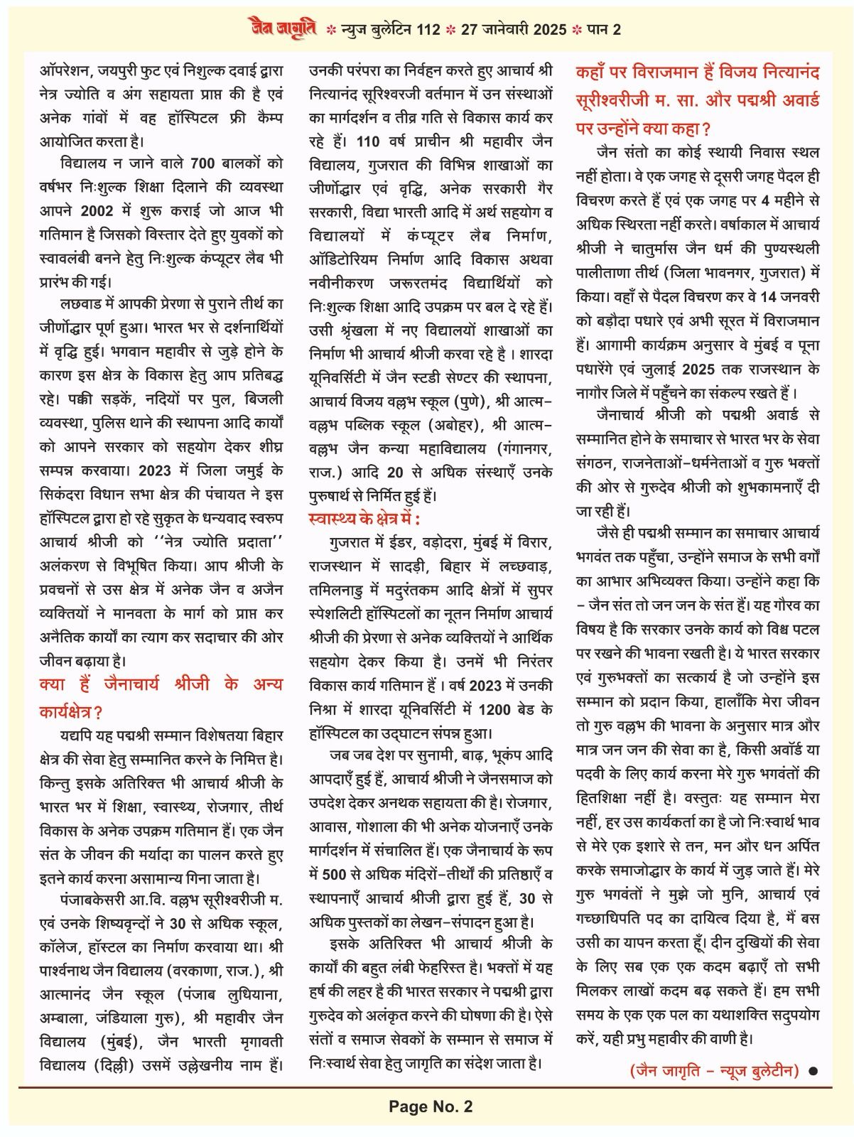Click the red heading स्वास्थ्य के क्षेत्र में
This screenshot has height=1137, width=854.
364,518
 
